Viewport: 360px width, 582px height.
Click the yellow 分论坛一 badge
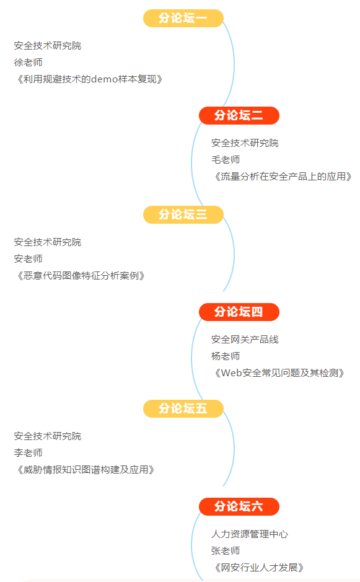(183, 18)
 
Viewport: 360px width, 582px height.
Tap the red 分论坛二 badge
(239, 115)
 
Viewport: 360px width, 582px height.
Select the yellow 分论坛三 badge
(183, 214)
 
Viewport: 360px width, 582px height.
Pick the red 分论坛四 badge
(239, 312)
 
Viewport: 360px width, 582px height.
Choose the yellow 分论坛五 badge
(183, 408)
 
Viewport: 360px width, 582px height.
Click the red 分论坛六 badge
(239, 506)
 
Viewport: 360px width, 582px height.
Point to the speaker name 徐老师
(29, 63)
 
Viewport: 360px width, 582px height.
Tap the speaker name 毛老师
(226, 160)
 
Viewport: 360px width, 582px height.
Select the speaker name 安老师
(29, 258)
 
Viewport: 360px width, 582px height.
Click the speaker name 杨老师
(226, 356)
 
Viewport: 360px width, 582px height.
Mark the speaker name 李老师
(29, 453)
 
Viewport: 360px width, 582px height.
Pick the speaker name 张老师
(226, 551)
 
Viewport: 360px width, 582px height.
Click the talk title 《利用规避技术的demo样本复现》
(89, 79)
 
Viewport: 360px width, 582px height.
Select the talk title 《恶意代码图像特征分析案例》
(80, 275)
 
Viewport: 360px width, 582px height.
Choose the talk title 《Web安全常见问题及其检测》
(279, 373)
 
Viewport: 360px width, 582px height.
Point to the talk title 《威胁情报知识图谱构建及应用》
(85, 470)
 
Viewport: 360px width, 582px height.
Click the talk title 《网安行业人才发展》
(258, 568)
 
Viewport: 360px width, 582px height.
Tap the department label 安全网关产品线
(245, 339)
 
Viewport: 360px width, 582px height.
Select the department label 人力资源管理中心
(250, 534)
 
